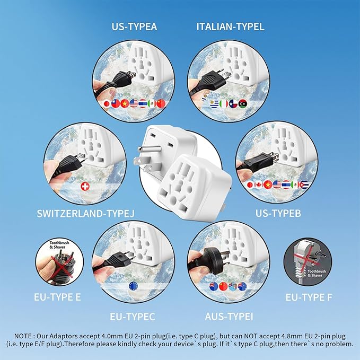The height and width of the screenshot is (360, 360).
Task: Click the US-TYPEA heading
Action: [134, 27]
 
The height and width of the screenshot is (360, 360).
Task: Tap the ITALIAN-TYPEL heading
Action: [230, 27]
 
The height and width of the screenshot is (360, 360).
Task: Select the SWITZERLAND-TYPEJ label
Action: [85, 214]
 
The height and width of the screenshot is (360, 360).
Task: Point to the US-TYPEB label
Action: [278, 213]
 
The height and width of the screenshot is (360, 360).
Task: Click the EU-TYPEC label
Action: [133, 317]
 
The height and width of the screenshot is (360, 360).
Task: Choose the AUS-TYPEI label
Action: [229, 317]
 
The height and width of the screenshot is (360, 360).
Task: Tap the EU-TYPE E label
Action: [57, 297]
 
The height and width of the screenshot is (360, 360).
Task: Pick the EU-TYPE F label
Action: [309, 297]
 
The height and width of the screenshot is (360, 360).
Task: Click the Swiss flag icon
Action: [85, 187]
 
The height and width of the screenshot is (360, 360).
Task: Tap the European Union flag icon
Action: [133, 286]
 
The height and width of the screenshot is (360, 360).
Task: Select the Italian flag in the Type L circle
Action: [223, 104]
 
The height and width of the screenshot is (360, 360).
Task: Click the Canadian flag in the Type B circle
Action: [259, 185]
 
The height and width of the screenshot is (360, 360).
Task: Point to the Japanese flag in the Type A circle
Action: [107, 104]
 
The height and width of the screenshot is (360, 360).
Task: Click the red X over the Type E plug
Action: [62, 266]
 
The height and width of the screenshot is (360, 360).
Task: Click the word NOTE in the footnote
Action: [23, 336]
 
